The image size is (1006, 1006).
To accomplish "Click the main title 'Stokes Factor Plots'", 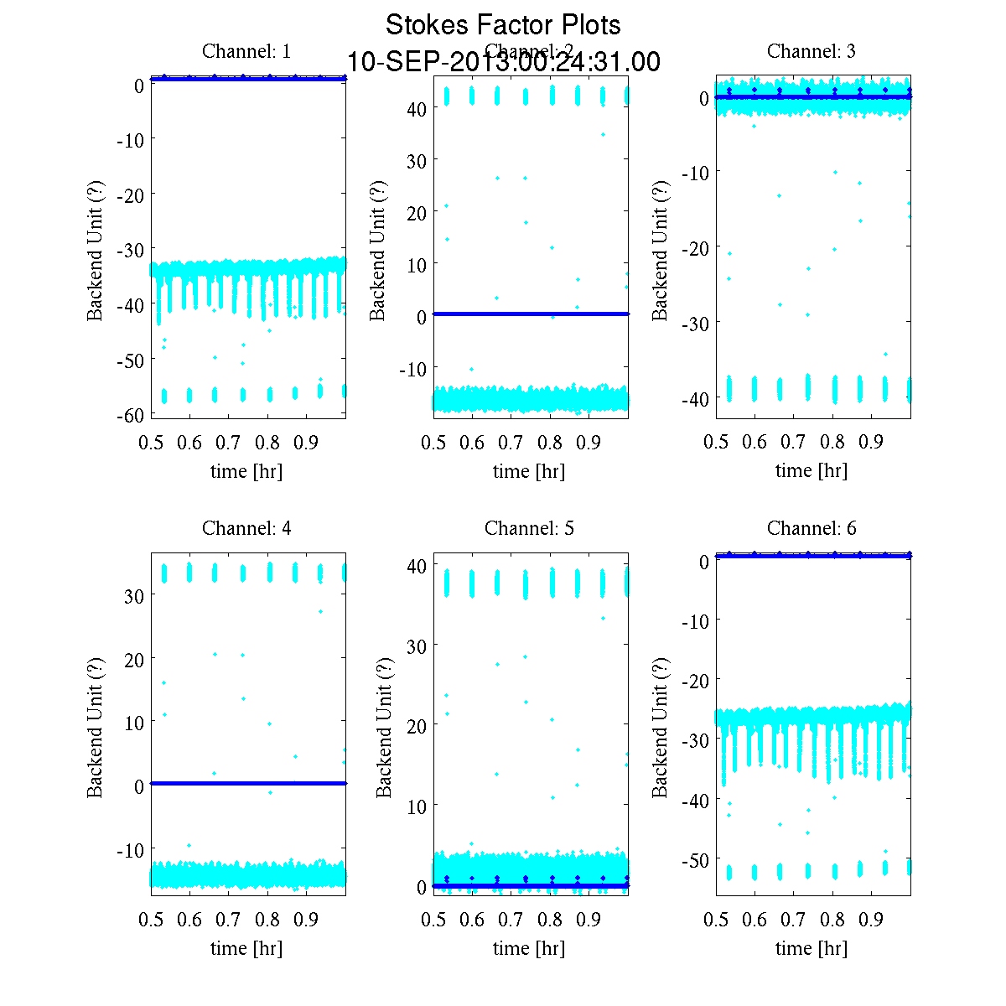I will click(x=503, y=25).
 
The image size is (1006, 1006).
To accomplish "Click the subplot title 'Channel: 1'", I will click(x=246, y=51).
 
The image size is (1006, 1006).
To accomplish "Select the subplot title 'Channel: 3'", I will click(x=812, y=51).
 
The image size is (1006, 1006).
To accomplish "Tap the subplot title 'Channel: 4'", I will click(x=246, y=528).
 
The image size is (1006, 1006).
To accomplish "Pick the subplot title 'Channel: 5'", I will click(x=529, y=528).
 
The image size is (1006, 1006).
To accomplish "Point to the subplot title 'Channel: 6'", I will click(x=812, y=528).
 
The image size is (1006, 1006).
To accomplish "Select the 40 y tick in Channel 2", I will click(x=417, y=108).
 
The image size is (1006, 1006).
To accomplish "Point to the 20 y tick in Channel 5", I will click(x=417, y=725).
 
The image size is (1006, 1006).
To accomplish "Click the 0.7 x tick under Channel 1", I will click(x=229, y=443).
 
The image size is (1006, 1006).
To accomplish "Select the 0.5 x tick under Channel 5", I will click(x=433, y=920).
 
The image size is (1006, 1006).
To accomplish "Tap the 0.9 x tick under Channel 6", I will click(x=872, y=920).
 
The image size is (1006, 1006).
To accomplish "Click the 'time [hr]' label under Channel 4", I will click(x=246, y=948).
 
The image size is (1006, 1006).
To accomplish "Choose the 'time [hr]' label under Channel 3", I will click(x=812, y=470).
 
